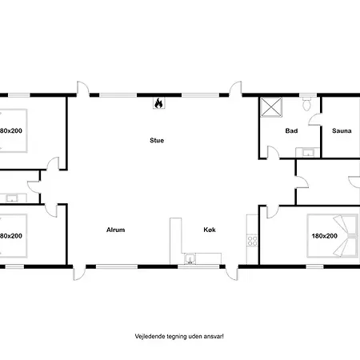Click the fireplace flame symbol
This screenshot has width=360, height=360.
(x=158, y=102)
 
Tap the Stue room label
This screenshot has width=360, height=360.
(x=157, y=140)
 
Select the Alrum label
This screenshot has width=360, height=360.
(x=116, y=230)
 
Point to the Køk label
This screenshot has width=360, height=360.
(x=210, y=230)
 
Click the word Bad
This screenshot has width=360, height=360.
(x=291, y=130)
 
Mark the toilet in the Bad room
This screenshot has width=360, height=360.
(x=306, y=102)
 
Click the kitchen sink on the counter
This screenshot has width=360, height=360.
(x=191, y=258)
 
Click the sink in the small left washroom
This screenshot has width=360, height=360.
(x=12, y=198)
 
